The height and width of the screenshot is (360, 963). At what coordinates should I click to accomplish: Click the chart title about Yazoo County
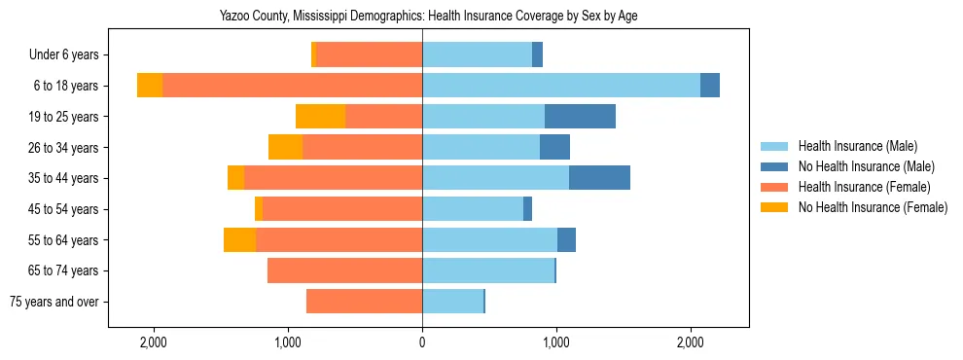point(422,16)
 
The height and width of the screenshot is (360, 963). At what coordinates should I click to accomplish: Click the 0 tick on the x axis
point(422,343)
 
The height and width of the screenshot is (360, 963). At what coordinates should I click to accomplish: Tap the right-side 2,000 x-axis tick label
point(690,343)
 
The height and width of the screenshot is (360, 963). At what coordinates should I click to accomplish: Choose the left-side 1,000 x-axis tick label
point(288,343)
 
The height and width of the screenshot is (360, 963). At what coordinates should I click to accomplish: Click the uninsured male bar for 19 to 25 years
point(580,117)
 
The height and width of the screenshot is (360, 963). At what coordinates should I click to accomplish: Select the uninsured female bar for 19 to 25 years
point(320,117)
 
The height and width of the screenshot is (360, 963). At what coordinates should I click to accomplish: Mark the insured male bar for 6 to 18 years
point(561,86)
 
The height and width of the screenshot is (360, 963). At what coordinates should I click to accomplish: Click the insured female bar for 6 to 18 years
point(292,86)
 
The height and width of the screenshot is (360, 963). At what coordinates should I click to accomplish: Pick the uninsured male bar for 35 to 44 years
point(599,178)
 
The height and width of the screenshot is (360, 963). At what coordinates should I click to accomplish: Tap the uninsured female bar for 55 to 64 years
point(239,239)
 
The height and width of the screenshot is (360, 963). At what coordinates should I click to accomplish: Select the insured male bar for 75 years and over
point(452,302)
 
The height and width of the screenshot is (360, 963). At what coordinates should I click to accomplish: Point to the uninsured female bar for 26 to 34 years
point(285,147)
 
